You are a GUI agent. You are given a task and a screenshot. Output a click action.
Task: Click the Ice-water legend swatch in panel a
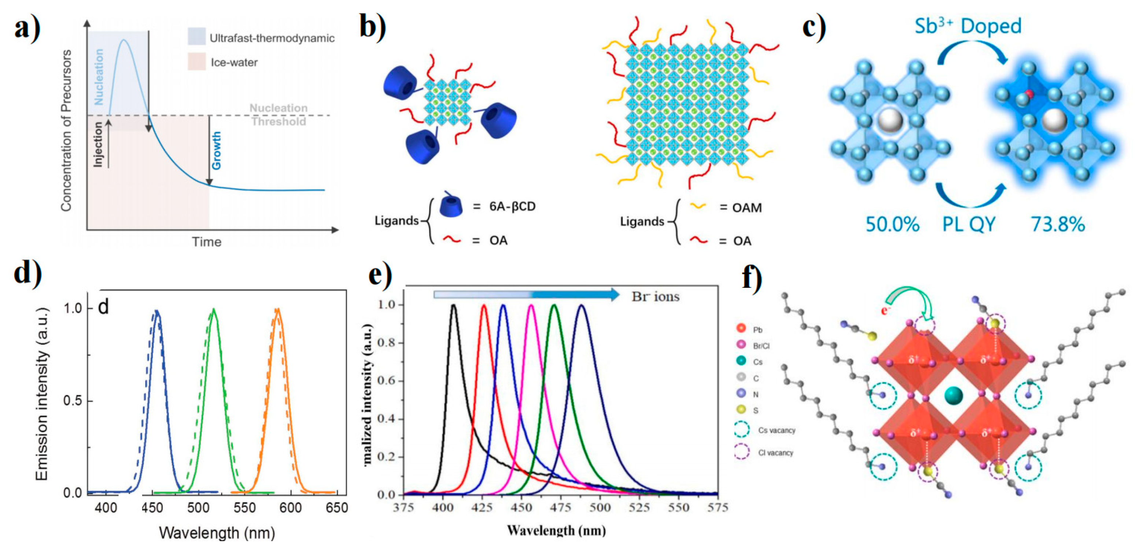coord(196,62)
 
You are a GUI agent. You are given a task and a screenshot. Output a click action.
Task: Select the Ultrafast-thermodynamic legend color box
coord(196,37)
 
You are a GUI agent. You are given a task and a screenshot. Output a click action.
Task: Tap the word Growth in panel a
coord(216,150)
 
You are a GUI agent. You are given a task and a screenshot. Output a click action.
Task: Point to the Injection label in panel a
coord(98,144)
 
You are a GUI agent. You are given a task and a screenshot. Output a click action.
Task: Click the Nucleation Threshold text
coord(279,115)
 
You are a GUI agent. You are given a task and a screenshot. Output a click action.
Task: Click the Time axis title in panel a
coord(206,242)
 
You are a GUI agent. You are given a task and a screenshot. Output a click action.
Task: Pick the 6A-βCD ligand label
coord(512,206)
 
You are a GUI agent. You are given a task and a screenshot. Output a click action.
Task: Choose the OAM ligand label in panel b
coord(747,207)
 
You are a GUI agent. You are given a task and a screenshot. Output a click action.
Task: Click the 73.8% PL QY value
coord(1057,224)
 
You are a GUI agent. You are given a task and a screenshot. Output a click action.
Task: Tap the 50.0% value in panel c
coord(892,224)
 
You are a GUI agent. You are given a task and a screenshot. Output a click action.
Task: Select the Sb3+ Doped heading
coord(968,26)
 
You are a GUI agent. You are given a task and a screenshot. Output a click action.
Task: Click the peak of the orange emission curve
coord(277,309)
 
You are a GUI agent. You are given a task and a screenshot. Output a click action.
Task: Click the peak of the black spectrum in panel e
coord(453,305)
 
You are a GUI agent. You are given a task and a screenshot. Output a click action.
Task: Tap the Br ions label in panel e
coord(655,297)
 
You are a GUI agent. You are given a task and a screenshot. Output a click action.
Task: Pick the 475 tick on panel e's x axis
coord(560,507)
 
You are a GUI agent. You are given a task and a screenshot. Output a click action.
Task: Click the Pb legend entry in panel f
coord(757,329)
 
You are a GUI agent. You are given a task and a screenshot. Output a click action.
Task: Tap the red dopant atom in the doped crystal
coord(1029,94)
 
